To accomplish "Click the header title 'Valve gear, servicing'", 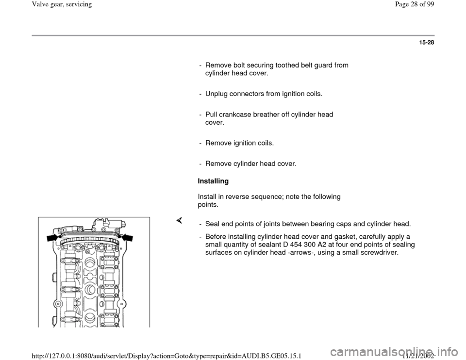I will tap(34, 4).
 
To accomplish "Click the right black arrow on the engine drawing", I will tap(127, 237).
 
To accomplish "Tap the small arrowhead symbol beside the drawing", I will tap(179, 221).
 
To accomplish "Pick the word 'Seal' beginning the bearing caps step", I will tap(212, 224).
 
